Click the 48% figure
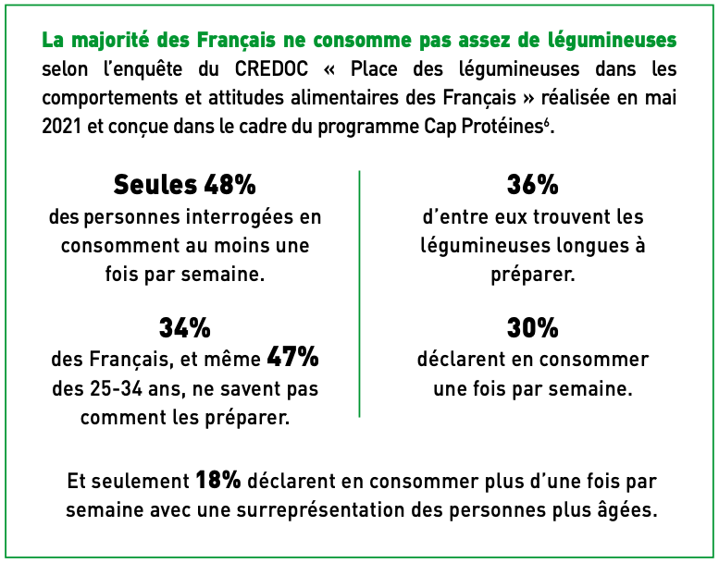[x=229, y=185]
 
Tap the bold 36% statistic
[x=532, y=185]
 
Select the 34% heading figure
[x=185, y=328]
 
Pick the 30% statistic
[x=532, y=328]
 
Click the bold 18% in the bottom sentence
[x=218, y=481]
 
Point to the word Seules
[x=155, y=185]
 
